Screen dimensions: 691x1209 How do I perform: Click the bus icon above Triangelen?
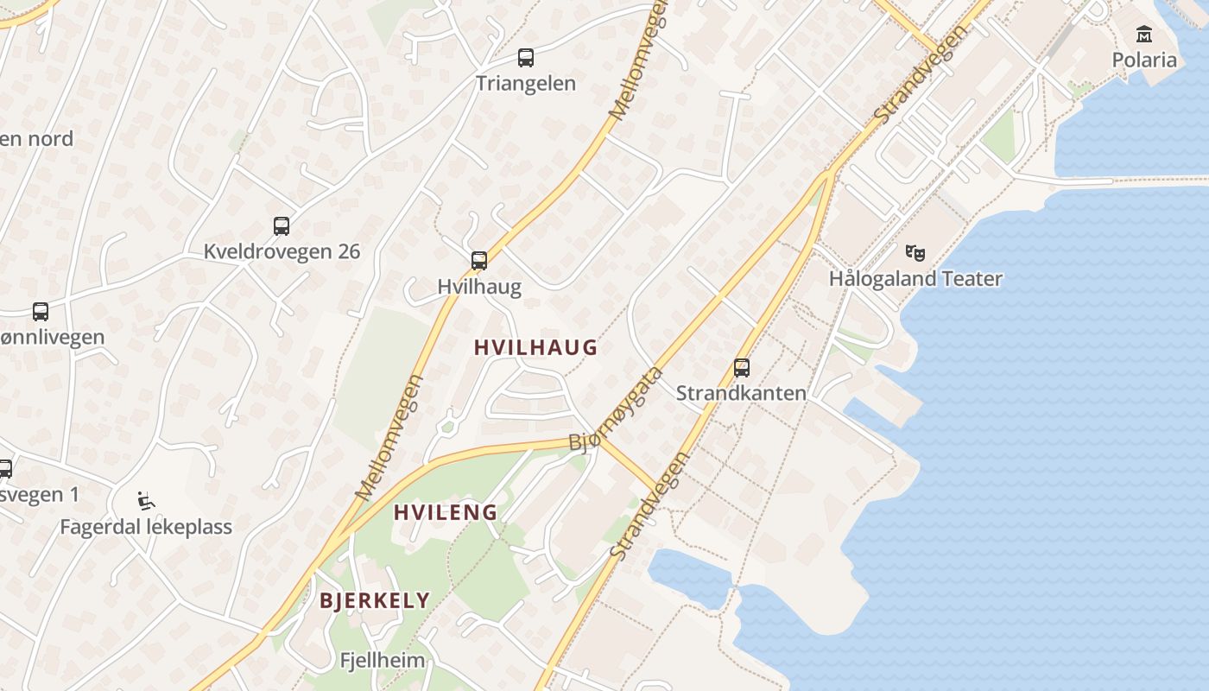[525, 58]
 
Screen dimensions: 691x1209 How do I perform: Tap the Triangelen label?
[525, 84]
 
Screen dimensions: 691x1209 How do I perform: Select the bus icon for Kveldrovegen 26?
[282, 226]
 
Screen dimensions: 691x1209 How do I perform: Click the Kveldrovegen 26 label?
[282, 251]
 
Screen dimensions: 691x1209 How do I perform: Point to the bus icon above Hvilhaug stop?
[478, 261]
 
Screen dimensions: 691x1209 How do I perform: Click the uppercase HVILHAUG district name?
[535, 347]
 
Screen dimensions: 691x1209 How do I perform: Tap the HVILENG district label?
[446, 512]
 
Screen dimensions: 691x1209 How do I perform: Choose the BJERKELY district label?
[375, 600]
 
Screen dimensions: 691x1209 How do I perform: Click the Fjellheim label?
[383, 661]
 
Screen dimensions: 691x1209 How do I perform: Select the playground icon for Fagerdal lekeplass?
[146, 501]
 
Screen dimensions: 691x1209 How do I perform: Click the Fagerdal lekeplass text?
[146, 527]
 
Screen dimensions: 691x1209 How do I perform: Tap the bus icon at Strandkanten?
[741, 368]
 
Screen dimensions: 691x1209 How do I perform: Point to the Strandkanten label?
[741, 393]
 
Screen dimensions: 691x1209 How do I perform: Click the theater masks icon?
[915, 253]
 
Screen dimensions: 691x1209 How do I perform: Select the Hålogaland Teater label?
[915, 278]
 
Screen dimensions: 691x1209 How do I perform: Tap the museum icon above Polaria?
[1144, 35]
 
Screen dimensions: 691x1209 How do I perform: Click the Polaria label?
[1144, 60]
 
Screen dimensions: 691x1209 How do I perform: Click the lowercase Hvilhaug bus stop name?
[479, 287]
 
